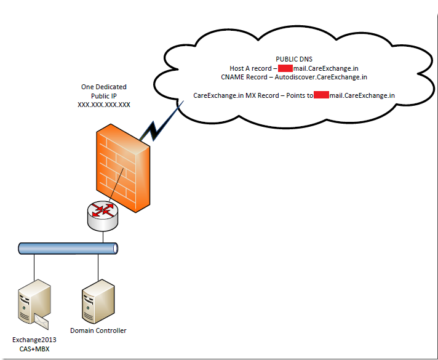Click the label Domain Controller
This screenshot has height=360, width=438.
(x=98, y=330)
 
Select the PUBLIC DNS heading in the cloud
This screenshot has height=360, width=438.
(x=294, y=59)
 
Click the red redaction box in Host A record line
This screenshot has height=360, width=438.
(x=285, y=68)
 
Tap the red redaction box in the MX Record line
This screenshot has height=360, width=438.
(x=321, y=95)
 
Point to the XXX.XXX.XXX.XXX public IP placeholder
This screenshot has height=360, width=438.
(x=103, y=105)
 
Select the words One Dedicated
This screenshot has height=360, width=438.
(x=103, y=87)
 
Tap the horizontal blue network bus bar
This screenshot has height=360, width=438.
(x=67, y=249)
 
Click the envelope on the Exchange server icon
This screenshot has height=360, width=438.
(x=42, y=320)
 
